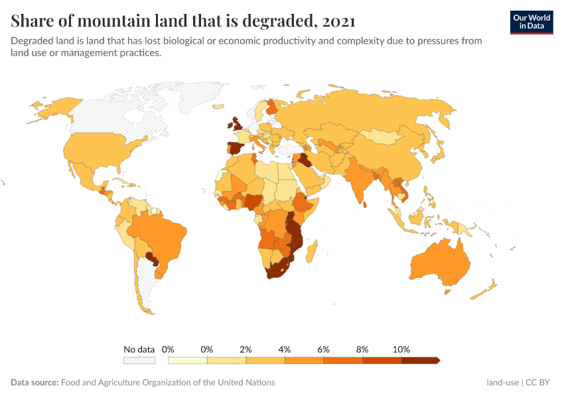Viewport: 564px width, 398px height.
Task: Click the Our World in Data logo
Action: [531, 22]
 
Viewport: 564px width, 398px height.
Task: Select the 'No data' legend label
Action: [139, 349]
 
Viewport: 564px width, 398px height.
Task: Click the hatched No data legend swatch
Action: [139, 361]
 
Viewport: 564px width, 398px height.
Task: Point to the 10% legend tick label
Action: [401, 349]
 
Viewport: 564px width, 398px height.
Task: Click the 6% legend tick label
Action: [324, 349]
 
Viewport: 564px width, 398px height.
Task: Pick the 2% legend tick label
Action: [246, 349]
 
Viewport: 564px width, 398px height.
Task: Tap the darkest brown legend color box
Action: [420, 361]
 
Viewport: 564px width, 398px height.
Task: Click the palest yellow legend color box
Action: [187, 361]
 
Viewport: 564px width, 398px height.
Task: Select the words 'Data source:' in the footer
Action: [35, 383]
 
